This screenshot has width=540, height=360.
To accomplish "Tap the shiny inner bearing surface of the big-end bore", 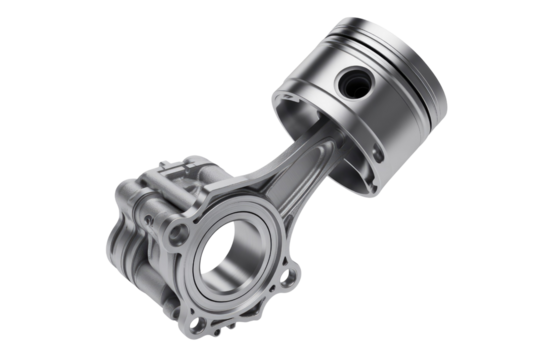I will (x=246, y=244).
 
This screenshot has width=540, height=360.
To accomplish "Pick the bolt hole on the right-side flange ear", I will (x=290, y=271).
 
